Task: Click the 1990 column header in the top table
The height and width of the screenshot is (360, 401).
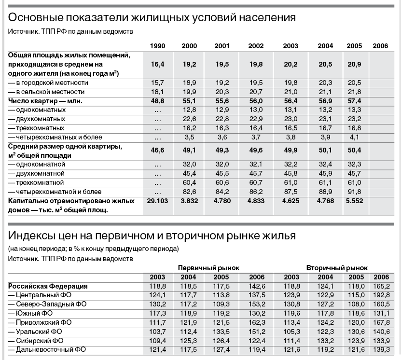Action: pos(157,46)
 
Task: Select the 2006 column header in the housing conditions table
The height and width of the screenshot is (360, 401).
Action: pos(380,46)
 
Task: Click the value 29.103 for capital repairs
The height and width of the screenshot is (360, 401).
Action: pos(157,200)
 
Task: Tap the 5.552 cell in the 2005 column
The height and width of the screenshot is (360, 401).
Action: pos(354,200)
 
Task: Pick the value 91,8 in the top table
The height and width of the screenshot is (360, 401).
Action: pos(354,191)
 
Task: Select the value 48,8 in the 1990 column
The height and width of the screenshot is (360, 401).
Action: pos(157,101)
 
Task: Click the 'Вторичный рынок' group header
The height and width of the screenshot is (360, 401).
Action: pos(337,267)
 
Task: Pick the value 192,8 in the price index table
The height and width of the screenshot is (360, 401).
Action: pos(380,295)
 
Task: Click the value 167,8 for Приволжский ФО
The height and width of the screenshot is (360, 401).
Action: pos(380,322)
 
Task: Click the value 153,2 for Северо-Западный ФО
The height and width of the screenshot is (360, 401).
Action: pos(256,304)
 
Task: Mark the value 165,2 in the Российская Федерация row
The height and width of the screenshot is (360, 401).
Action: pos(380,286)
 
